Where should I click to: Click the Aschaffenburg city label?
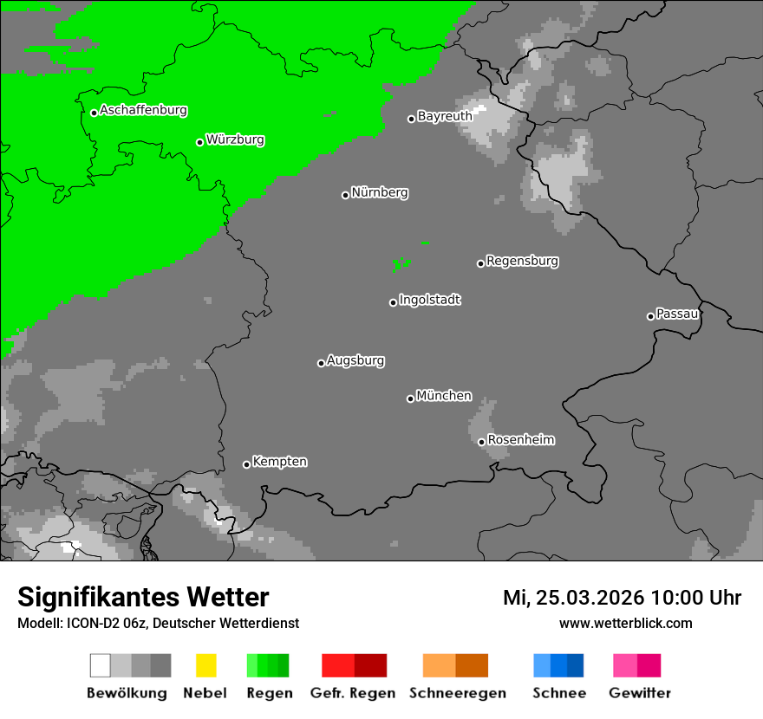(143, 110)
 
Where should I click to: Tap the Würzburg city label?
(235, 139)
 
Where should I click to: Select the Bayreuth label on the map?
(445, 116)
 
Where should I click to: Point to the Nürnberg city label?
(380, 192)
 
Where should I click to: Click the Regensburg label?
(522, 261)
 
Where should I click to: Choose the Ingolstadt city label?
(429, 300)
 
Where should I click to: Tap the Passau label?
(677, 314)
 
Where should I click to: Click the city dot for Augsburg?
(321, 363)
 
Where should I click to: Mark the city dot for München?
(410, 398)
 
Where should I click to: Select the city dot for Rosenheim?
(481, 442)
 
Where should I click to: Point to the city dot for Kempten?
(246, 464)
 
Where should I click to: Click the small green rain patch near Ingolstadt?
(401, 263)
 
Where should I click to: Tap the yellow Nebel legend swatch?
(205, 665)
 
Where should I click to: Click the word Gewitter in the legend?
(640, 693)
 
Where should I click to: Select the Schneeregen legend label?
(457, 693)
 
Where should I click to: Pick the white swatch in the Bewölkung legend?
(101, 665)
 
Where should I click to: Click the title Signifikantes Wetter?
(143, 597)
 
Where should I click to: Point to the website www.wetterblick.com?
(625, 623)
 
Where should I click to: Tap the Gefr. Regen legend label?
(354, 693)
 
